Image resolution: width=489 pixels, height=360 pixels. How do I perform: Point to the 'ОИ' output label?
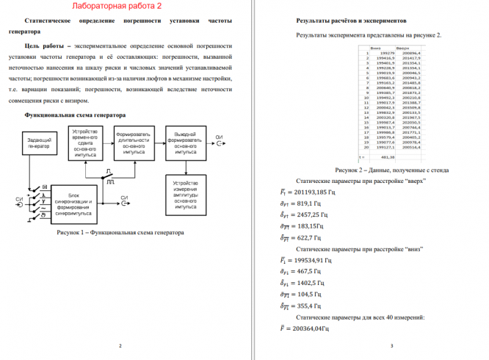[x=220, y=137]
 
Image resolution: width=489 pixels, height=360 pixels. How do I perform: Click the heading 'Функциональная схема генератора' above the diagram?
[x=70, y=115]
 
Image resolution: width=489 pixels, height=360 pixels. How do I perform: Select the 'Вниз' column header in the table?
[x=376, y=48]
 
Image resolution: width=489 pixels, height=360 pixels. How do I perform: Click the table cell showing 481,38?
[x=388, y=156]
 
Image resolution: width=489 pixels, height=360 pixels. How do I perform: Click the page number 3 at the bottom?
[x=391, y=345]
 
